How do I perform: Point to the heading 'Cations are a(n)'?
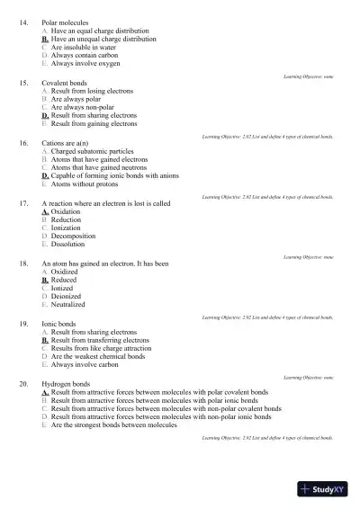[x=66, y=143]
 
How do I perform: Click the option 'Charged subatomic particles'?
[x=93, y=151]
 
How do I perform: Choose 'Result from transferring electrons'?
[x=100, y=341]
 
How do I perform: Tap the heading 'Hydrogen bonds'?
[x=66, y=384]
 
